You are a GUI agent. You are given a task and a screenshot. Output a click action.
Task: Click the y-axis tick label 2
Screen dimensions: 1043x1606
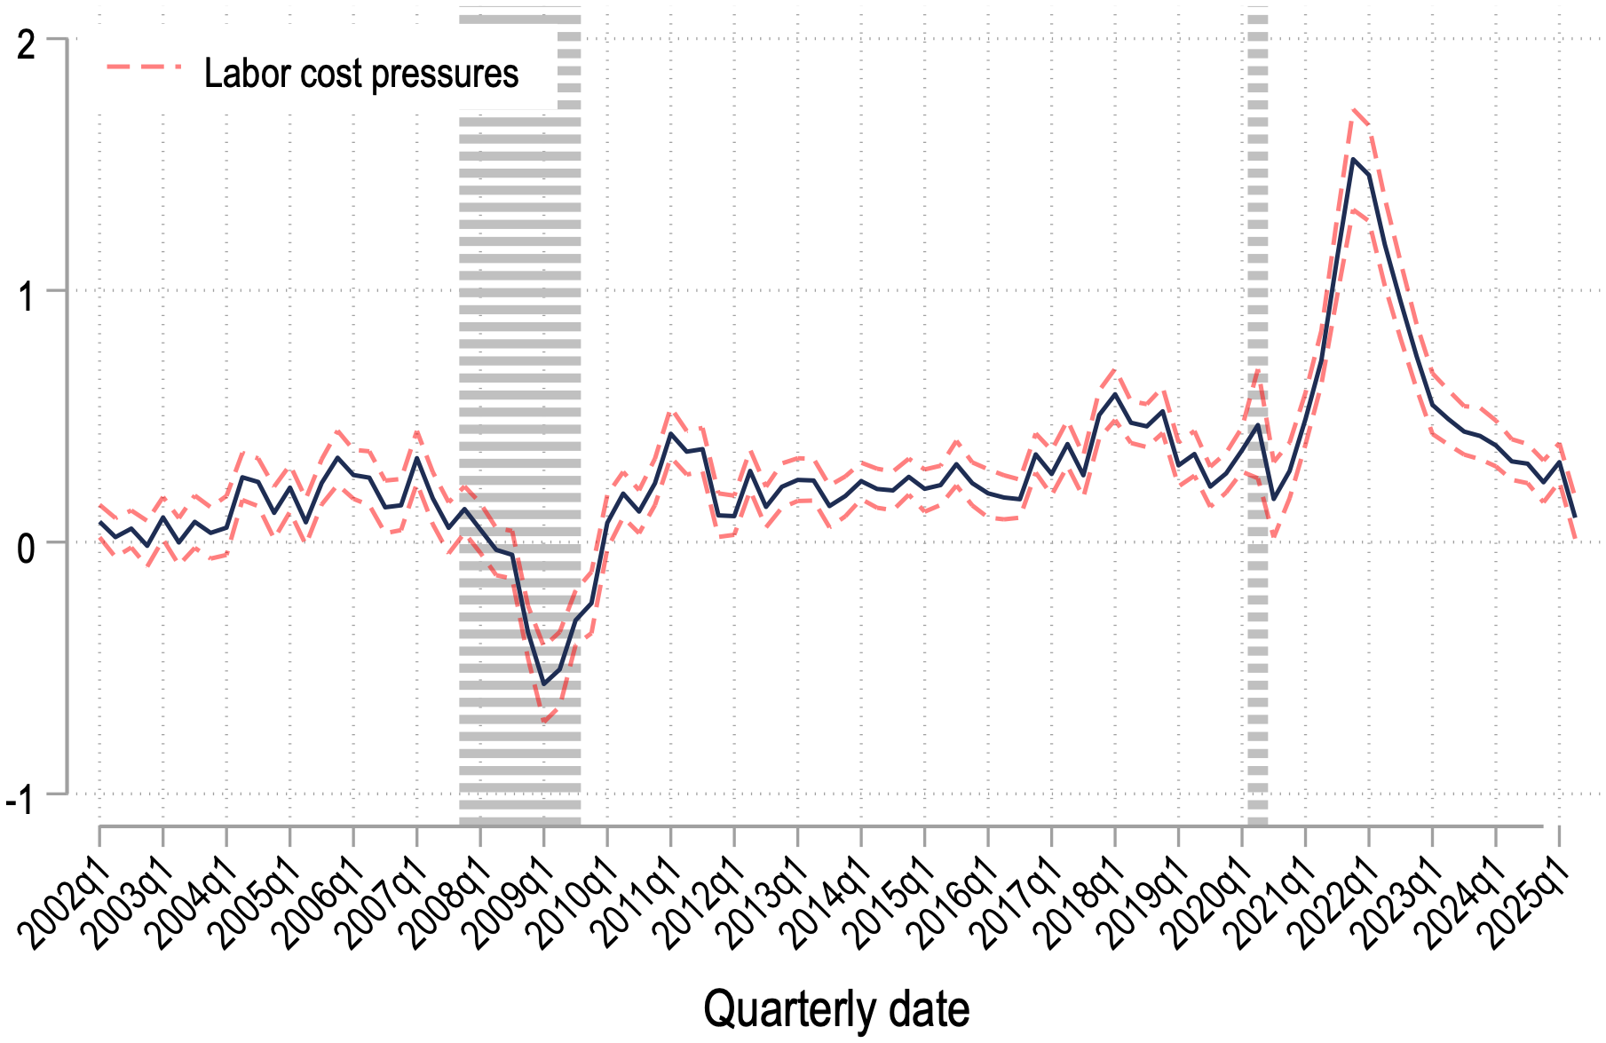pyautogui.click(x=27, y=44)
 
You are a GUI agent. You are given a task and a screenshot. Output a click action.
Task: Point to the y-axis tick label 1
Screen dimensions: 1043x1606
pyautogui.click(x=27, y=296)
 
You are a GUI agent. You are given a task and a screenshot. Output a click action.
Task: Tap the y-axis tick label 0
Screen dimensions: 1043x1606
pyautogui.click(x=27, y=548)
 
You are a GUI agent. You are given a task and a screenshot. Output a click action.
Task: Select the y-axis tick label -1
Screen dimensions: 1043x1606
pyautogui.click(x=20, y=800)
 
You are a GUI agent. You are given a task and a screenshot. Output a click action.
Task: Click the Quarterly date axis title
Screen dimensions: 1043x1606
pyautogui.click(x=836, y=1010)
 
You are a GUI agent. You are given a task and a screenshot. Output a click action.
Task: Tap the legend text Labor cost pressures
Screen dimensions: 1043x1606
pyautogui.click(x=361, y=74)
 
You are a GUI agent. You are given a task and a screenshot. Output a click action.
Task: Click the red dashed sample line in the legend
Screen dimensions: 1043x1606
pyautogui.click(x=144, y=67)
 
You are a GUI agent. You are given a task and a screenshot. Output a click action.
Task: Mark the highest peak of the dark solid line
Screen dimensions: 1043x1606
pyautogui.click(x=1353, y=159)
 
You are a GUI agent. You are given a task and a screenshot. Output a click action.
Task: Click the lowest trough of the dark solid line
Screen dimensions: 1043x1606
pyautogui.click(x=543, y=684)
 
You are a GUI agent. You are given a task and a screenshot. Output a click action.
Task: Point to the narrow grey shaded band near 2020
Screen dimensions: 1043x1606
pyautogui.click(x=1257, y=417)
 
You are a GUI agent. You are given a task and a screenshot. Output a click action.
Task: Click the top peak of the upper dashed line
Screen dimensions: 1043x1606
pyautogui.click(x=1353, y=110)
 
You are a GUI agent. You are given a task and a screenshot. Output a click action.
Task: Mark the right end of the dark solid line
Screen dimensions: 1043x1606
pyautogui.click(x=1575, y=517)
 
